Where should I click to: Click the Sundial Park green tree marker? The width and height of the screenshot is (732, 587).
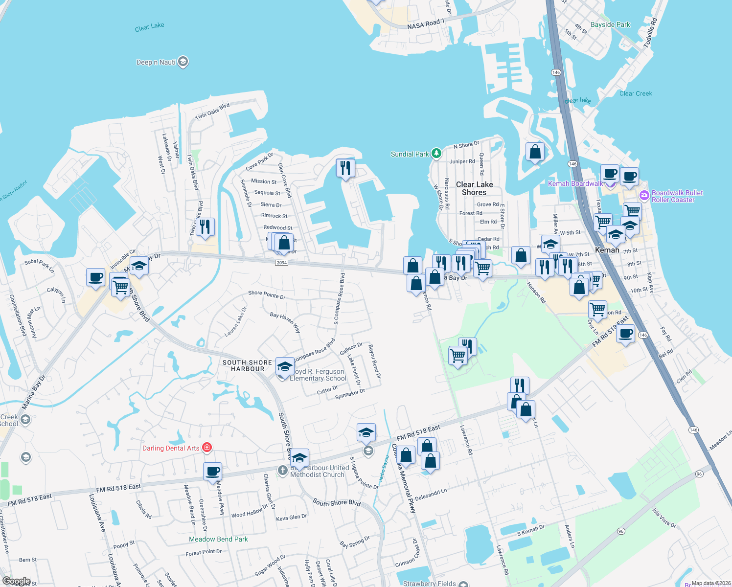tap(436, 154)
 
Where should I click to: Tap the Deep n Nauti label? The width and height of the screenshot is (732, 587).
tap(156, 62)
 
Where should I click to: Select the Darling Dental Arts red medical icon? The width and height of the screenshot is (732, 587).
tap(207, 448)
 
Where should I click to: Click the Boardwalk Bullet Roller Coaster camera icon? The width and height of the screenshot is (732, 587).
tap(644, 196)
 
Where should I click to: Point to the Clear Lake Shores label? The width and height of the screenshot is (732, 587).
tap(474, 188)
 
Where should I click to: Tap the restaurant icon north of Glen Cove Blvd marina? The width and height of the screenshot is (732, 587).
tap(345, 168)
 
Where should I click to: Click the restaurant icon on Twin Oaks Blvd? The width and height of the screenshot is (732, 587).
tap(205, 227)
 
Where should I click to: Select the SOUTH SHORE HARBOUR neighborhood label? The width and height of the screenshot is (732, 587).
tap(247, 365)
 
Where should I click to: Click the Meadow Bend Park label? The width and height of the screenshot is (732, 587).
tap(218, 539)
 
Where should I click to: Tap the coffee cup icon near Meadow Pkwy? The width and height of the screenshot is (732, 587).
tap(212, 472)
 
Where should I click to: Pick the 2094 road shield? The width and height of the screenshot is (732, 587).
tap(281, 263)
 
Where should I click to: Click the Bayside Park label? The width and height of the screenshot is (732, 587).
tap(610, 24)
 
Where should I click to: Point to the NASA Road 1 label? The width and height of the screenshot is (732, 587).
tap(426, 24)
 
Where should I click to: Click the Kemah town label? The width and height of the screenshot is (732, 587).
tap(607, 250)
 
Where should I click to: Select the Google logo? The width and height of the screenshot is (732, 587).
tap(16, 581)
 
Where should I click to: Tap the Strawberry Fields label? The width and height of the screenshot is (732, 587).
tap(429, 583)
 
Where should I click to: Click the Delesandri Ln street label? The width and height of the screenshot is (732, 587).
tap(431, 495)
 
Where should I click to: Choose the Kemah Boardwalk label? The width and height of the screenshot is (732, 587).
tap(575, 183)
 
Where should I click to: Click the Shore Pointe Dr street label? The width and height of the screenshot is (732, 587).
tap(267, 294)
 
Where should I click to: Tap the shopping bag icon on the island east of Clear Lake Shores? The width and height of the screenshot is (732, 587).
tap(535, 152)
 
